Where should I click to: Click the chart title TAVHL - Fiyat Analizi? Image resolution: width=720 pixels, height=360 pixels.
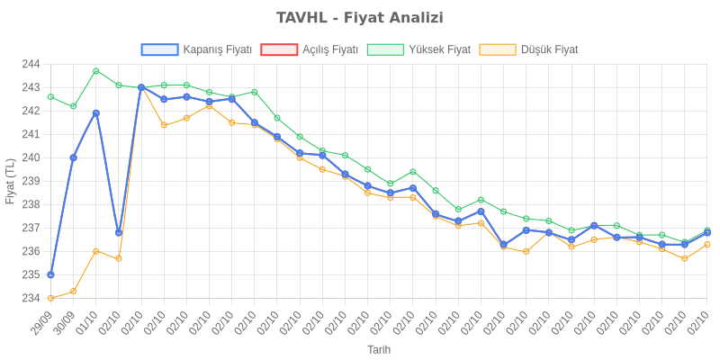tap(360, 18)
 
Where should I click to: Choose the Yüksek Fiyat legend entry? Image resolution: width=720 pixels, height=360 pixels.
tap(418, 50)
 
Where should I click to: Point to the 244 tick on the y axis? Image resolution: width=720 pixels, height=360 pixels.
tap(31, 64)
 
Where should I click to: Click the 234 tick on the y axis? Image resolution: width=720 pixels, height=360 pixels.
tap(31, 298)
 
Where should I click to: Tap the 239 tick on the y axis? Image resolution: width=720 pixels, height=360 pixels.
tap(31, 181)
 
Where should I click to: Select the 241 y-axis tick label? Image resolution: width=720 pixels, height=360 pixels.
tap(31, 134)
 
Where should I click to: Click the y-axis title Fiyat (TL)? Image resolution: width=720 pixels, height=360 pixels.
tap(10, 181)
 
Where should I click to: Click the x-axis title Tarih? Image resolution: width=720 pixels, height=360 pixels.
tap(378, 349)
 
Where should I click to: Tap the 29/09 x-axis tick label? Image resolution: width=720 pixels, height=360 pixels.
tap(42, 324)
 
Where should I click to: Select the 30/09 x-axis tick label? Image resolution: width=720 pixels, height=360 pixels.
tap(65, 324)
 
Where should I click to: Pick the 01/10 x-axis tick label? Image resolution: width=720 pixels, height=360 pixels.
tap(87, 324)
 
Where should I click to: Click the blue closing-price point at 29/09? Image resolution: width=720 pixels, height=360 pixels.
tap(50, 274)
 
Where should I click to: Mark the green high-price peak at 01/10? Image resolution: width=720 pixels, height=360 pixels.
tap(96, 71)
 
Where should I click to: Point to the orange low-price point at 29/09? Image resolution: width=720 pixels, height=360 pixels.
tap(50, 298)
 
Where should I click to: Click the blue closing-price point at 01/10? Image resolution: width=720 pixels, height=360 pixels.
tap(96, 112)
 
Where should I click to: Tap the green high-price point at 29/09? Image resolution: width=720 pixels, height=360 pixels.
tap(50, 96)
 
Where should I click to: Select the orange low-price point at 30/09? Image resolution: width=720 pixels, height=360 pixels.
tap(74, 291)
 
